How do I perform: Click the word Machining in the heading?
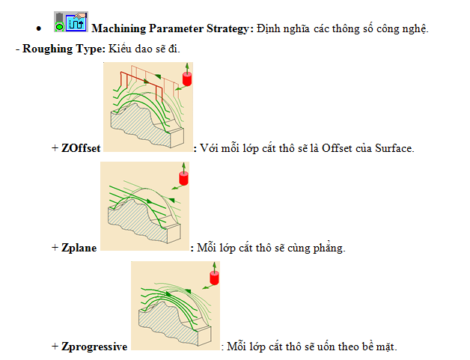(119, 28)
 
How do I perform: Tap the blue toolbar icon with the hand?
(76, 22)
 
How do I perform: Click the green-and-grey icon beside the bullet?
(60, 22)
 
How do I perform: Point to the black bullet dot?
(38, 28)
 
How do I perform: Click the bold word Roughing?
(47, 49)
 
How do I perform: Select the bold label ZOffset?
(81, 148)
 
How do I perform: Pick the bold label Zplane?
(79, 248)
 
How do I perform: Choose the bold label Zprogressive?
(94, 347)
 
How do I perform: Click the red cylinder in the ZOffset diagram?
(187, 79)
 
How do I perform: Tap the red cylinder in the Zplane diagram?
(184, 178)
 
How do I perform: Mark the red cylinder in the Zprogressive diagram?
(214, 278)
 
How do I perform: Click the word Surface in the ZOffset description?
(394, 148)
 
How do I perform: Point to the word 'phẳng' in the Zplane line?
(329, 248)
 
